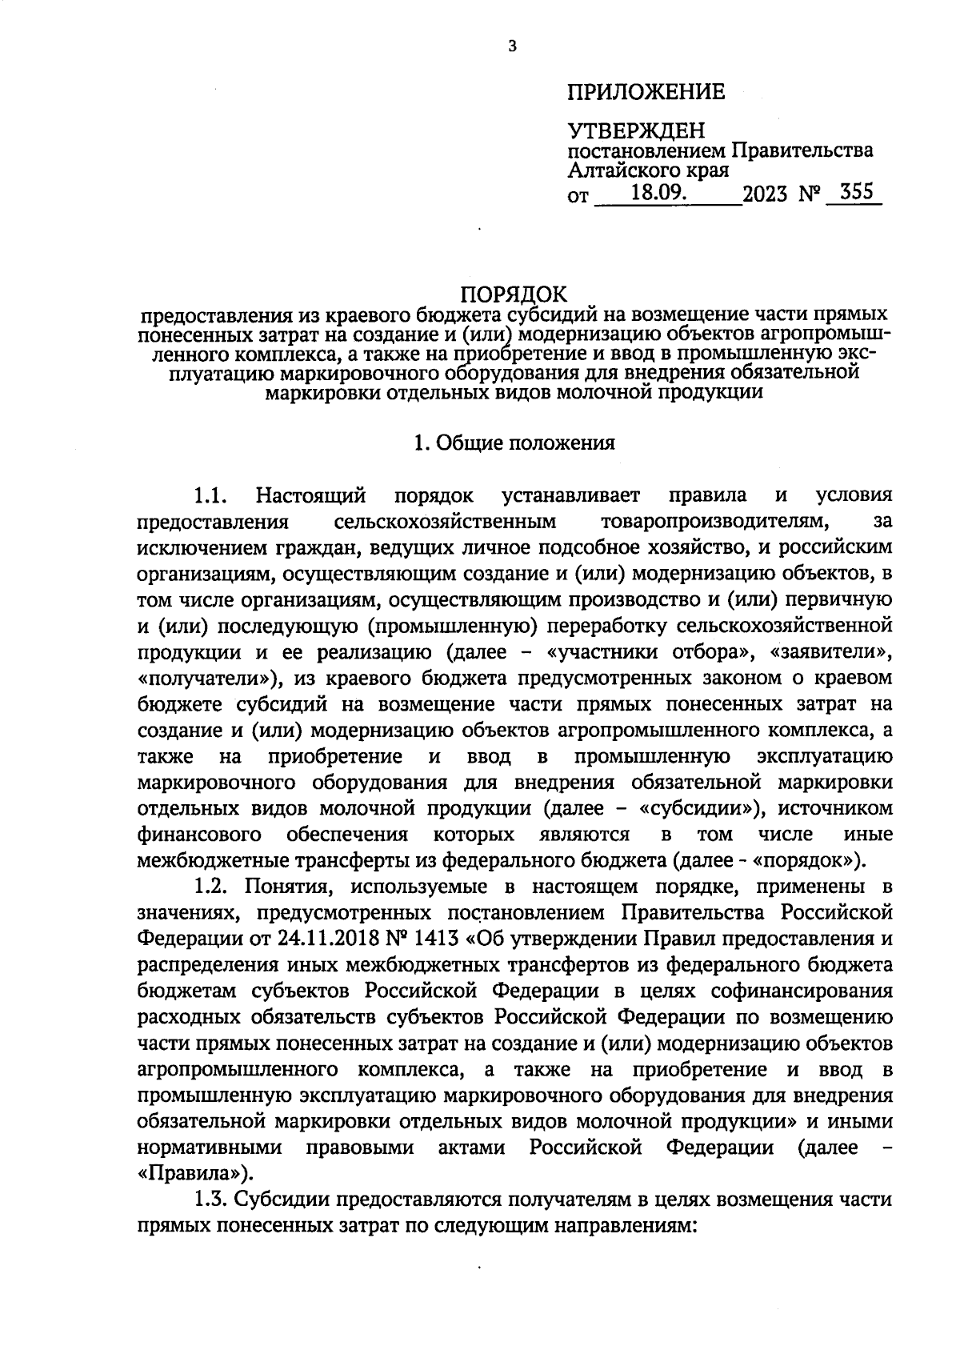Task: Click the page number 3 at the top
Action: [513, 46]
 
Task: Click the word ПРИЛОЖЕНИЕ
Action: [646, 92]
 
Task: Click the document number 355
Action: [856, 193]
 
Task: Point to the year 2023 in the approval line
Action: [765, 194]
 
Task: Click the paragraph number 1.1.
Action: [212, 495]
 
